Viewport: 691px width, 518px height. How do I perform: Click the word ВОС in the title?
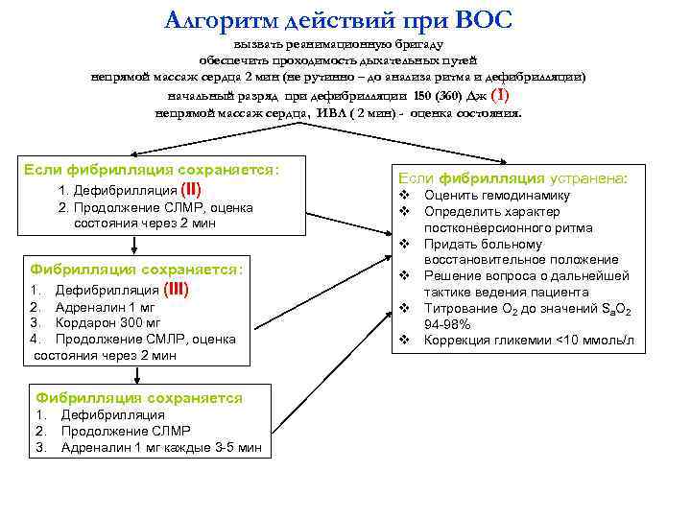483,19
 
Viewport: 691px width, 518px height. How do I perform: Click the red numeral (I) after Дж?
499,96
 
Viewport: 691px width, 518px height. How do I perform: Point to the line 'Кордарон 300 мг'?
107,322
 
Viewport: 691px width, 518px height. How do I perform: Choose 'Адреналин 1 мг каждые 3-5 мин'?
160,447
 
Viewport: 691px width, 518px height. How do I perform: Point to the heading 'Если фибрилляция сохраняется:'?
151,169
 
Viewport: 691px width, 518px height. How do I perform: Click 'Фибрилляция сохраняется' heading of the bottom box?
138,397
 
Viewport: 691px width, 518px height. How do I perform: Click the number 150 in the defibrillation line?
422,97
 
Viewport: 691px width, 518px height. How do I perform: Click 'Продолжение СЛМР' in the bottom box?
126,431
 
